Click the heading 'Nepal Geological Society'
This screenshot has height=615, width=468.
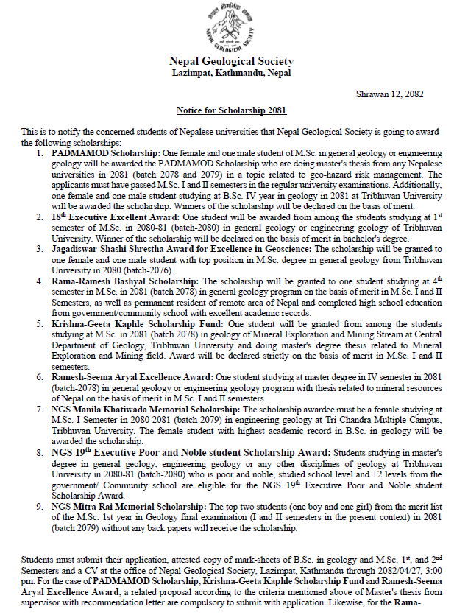pyautogui.click(x=231, y=61)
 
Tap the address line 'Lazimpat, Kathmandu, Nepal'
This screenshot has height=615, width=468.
pyautogui.click(x=231, y=74)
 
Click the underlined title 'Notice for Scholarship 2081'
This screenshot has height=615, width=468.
pyautogui.click(x=231, y=110)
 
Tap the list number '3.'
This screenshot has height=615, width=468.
pyautogui.click(x=41, y=250)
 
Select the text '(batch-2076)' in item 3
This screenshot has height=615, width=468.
pyautogui.click(x=165, y=270)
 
